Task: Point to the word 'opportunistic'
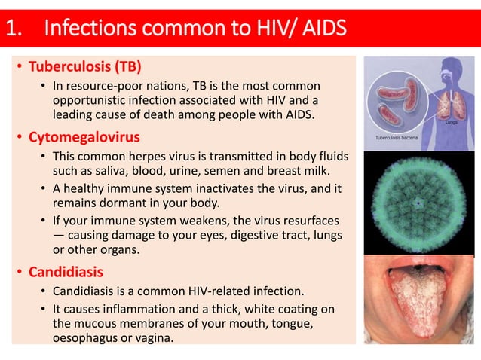(88, 101)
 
